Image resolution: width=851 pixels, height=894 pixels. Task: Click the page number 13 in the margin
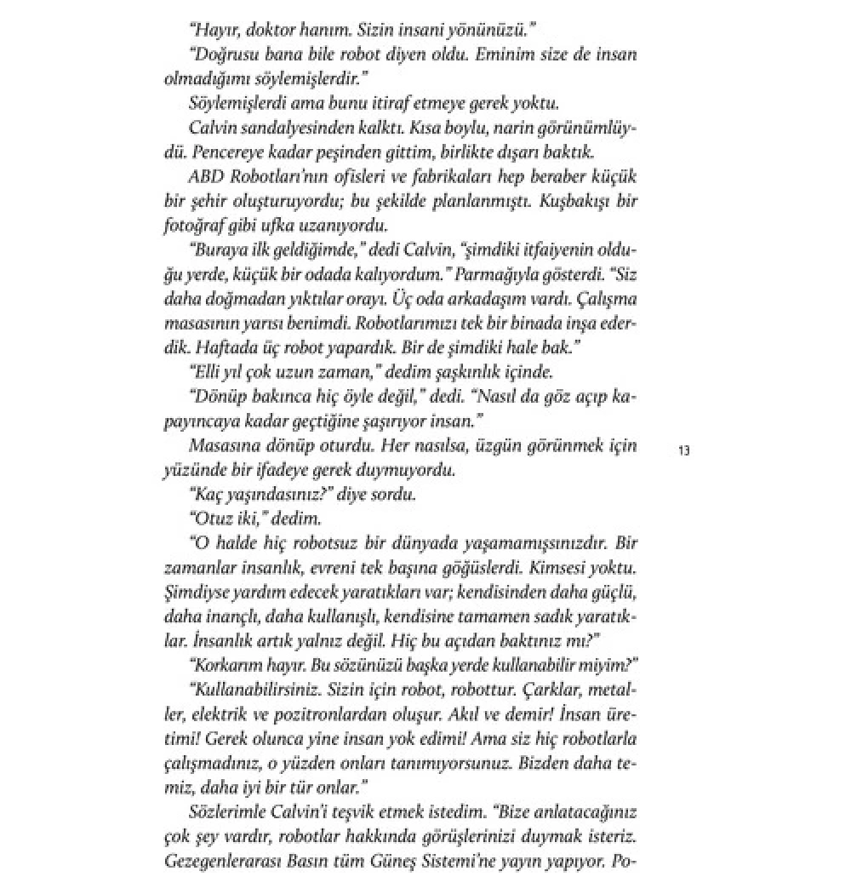[684, 450]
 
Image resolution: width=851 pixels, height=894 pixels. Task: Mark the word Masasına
[221, 445]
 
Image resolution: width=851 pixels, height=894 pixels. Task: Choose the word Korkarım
[227, 664]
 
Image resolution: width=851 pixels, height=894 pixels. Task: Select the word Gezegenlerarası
[222, 859]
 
